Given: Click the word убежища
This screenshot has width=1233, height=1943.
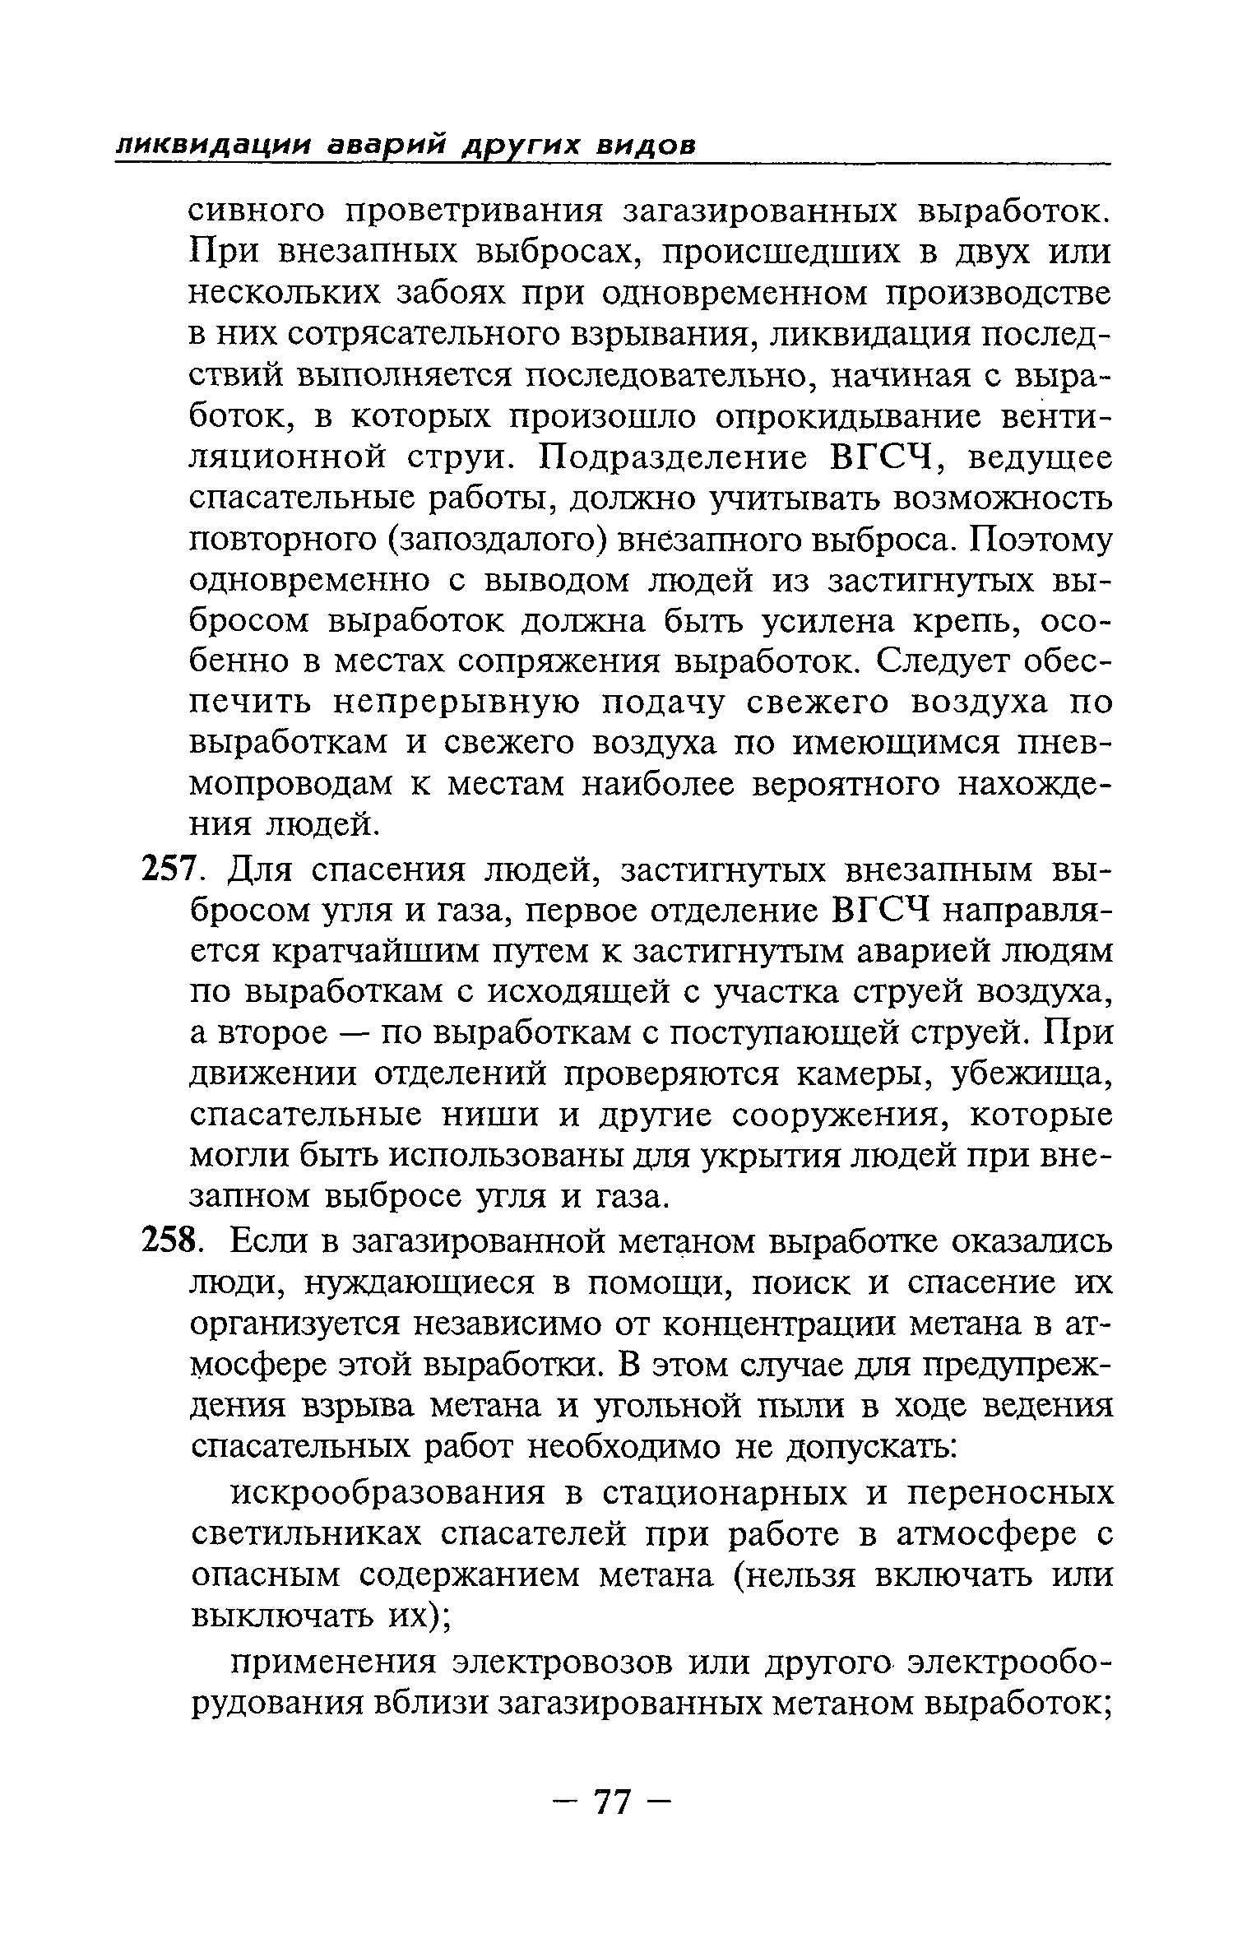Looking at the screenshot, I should (x=1031, y=1074).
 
